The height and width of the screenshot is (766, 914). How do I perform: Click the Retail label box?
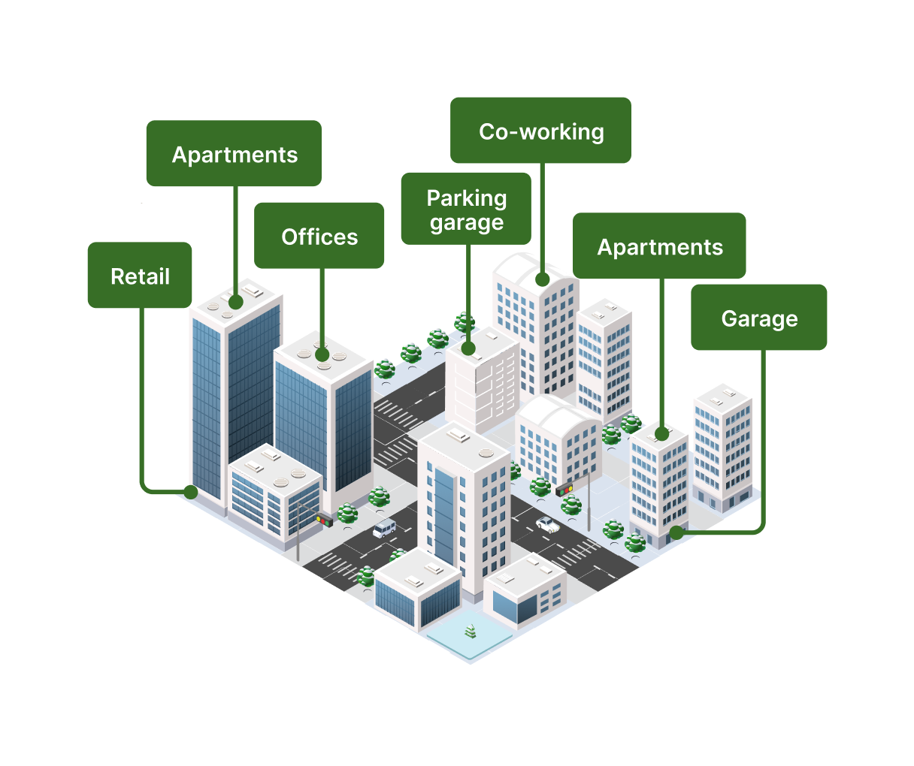coord(140,275)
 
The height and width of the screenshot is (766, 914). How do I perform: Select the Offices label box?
coord(319,235)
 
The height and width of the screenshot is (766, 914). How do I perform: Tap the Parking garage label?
coord(466,209)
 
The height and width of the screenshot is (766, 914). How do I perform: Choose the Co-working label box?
coord(540,131)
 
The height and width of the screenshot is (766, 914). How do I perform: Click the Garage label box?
coord(759,317)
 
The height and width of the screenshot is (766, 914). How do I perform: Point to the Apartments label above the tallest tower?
coord(235,153)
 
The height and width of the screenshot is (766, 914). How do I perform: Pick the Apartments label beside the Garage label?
coord(659,246)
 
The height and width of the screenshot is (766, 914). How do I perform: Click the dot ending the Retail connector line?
coord(190,492)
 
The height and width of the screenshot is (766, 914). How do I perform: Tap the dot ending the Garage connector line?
coord(676,532)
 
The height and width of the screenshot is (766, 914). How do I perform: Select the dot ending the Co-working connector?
coord(543,279)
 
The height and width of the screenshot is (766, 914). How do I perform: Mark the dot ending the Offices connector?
coord(322,354)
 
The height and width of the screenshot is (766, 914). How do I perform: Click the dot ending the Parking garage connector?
coord(468,348)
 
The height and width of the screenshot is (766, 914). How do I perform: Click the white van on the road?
coord(384,529)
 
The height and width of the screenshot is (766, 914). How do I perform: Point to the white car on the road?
coord(548,524)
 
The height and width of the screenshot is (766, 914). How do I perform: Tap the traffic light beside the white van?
coord(325,520)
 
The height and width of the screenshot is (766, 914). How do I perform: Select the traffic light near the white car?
coord(564,489)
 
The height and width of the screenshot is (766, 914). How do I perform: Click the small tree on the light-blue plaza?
coord(470,632)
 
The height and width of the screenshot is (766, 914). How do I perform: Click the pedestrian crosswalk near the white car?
coord(576,553)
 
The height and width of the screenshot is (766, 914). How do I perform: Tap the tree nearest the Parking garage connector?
coord(464,323)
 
